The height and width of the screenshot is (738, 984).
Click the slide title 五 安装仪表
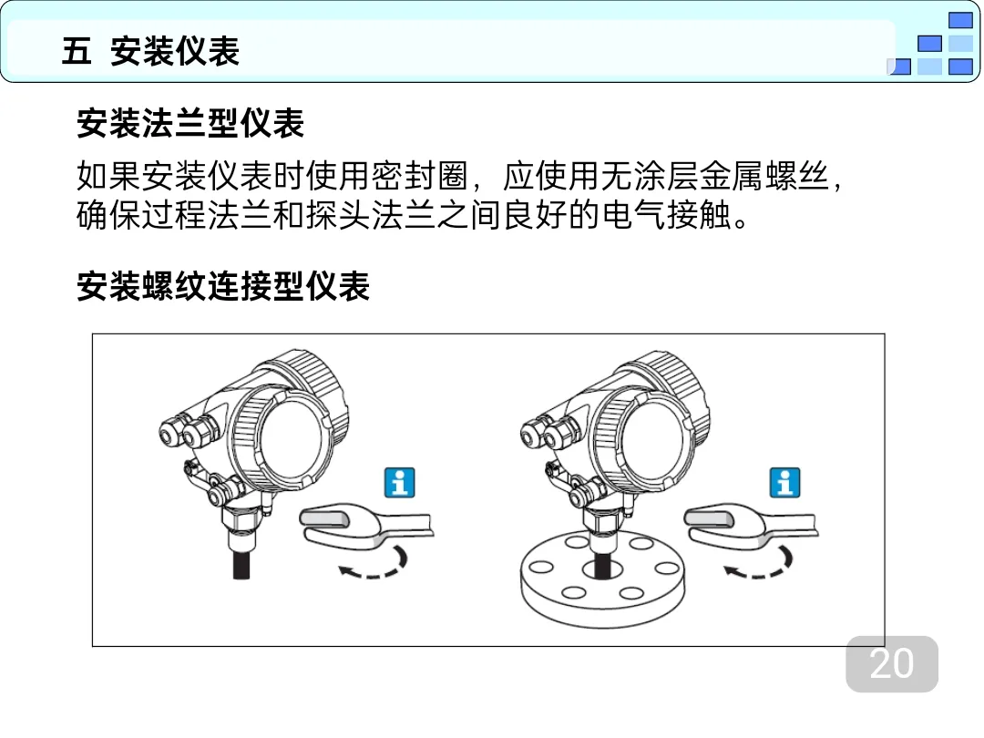click(150, 51)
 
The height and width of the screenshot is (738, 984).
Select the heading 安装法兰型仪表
click(190, 123)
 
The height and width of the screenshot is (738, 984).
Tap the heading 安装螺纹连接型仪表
click(223, 286)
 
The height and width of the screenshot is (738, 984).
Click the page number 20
click(892, 663)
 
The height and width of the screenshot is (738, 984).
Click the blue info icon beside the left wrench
click(400, 483)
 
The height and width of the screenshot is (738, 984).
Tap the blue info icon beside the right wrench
click(785, 483)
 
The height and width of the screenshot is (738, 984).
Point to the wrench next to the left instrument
click(366, 526)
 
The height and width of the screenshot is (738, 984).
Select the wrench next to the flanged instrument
click(751, 526)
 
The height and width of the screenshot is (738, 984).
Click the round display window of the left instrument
click(291, 442)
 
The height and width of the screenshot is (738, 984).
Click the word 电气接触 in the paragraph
click(667, 215)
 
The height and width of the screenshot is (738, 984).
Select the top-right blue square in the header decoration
click(960, 21)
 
